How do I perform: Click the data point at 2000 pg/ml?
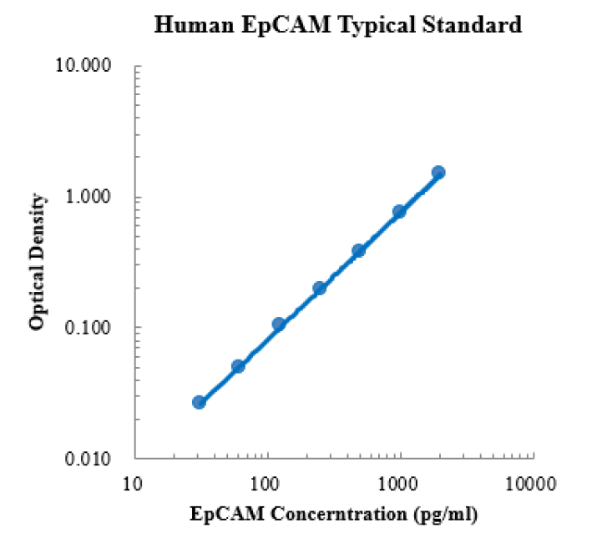pyautogui.click(x=438, y=173)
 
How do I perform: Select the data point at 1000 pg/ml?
pyautogui.click(x=399, y=212)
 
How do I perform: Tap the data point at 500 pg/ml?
pyautogui.click(x=359, y=250)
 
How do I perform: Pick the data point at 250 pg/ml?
pyautogui.click(x=319, y=288)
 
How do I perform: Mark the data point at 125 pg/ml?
pyautogui.click(x=279, y=324)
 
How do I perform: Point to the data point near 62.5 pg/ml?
pyautogui.click(x=238, y=366)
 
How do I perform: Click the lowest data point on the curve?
pyautogui.click(x=199, y=402)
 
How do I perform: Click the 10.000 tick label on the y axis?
pyautogui.click(x=89, y=66)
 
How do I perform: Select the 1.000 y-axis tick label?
pyautogui.click(x=92, y=197)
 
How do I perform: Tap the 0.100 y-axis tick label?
pyautogui.click(x=92, y=327)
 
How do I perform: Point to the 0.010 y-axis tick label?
pyautogui.click(x=92, y=458)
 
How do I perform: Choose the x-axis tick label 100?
pyautogui.click(x=267, y=483)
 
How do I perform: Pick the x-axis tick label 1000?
pyautogui.click(x=399, y=483)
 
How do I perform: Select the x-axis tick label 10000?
pyautogui.click(x=532, y=483)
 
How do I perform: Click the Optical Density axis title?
pyautogui.click(x=38, y=261)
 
